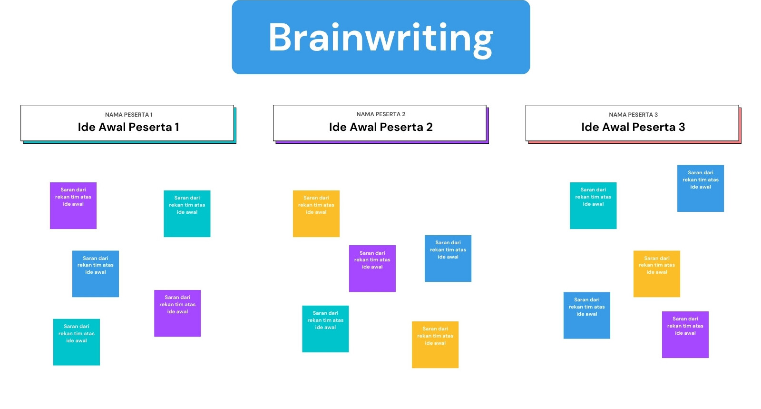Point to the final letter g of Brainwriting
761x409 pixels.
[482, 42]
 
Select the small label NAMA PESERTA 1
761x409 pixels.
[128, 115]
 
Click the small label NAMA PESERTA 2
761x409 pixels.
[380, 114]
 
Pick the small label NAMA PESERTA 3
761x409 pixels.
[633, 115]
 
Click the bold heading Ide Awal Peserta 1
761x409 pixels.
[128, 127]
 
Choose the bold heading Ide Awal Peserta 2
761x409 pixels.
[380, 127]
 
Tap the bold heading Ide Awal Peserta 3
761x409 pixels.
[633, 127]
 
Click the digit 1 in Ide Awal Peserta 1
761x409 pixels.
[176, 127]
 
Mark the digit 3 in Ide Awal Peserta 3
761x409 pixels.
[682, 127]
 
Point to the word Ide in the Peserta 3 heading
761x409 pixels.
[590, 127]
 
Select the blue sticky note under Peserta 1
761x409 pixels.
[96, 274]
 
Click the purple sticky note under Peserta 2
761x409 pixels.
[372, 268]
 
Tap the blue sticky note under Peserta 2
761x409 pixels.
[448, 259]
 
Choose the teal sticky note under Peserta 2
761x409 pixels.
[325, 329]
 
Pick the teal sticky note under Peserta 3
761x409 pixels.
[593, 205]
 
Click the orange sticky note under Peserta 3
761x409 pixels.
[657, 274]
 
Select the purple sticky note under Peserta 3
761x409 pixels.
[685, 335]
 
